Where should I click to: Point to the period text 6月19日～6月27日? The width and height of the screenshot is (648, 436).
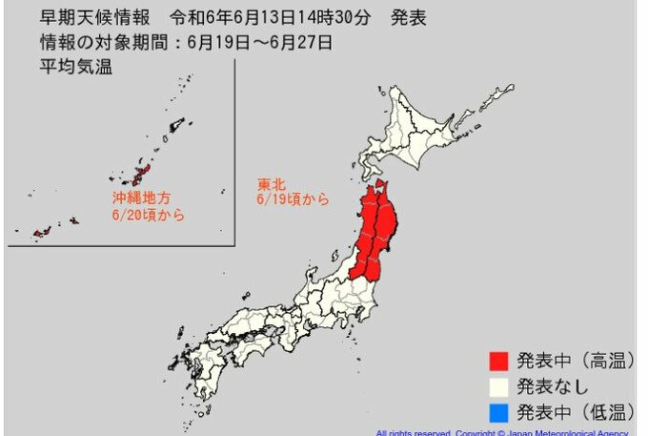coord(259,41)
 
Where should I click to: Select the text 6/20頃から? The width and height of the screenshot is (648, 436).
coord(147,216)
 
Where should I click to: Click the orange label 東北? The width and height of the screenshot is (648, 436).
coord(270,182)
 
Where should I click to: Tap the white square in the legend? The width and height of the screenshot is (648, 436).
coord(497,387)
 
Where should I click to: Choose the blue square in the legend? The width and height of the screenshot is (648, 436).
coord(497,412)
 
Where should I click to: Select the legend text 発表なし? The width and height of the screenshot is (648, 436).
coord(553,387)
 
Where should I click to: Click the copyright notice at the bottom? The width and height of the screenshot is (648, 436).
coord(505,432)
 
